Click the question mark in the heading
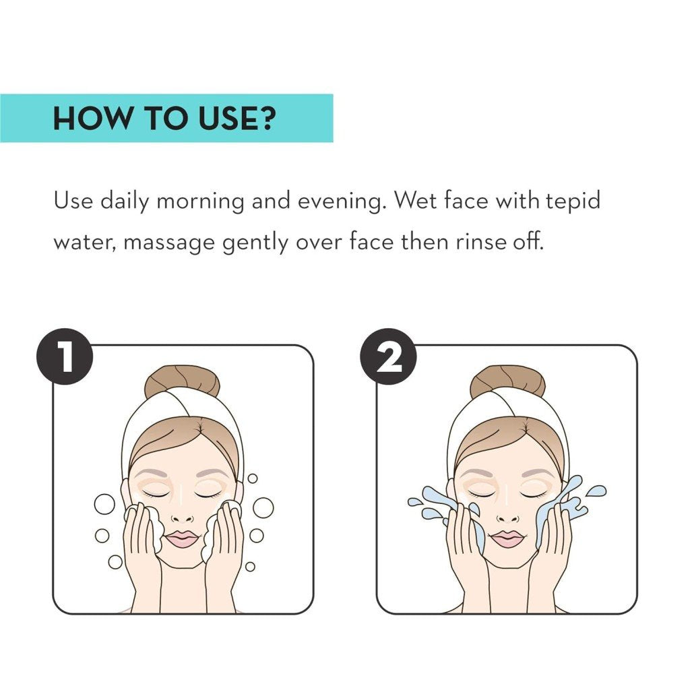pyautogui.click(x=265, y=118)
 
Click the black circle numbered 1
pyautogui.click(x=65, y=356)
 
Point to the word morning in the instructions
pyautogui.click(x=200, y=201)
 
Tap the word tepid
pyautogui.click(x=573, y=201)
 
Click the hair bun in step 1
pyautogui.click(x=182, y=381)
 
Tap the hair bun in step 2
pyautogui.click(x=507, y=381)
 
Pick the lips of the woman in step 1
pyautogui.click(x=183, y=538)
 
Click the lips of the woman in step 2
pyautogui.click(x=508, y=538)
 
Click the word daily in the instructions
pyautogui.click(x=124, y=201)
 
